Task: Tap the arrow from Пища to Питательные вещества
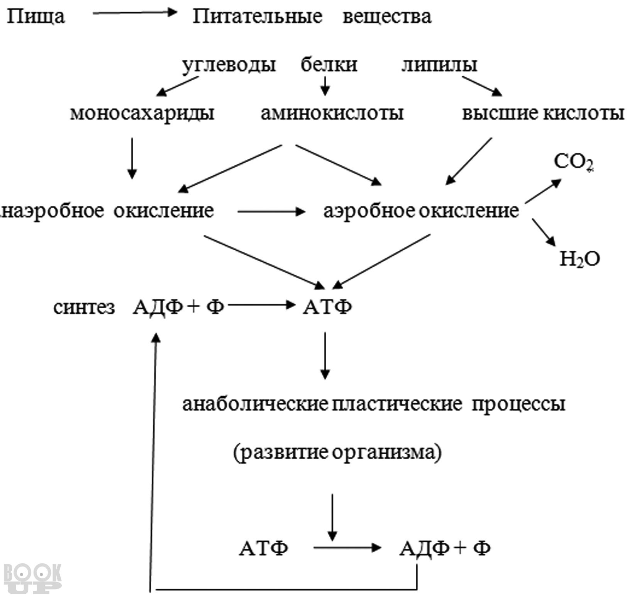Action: pos(135,13)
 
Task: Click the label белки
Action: pos(329,65)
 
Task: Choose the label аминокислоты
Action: pos(332,113)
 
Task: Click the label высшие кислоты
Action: pos(543,114)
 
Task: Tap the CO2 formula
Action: pos(574,162)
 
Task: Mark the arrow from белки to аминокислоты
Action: pos(325,86)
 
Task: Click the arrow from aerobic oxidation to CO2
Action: pos(544,190)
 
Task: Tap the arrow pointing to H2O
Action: pos(544,233)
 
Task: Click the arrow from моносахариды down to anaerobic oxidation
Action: pos(132,158)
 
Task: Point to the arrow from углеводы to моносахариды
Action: pos(177,86)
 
